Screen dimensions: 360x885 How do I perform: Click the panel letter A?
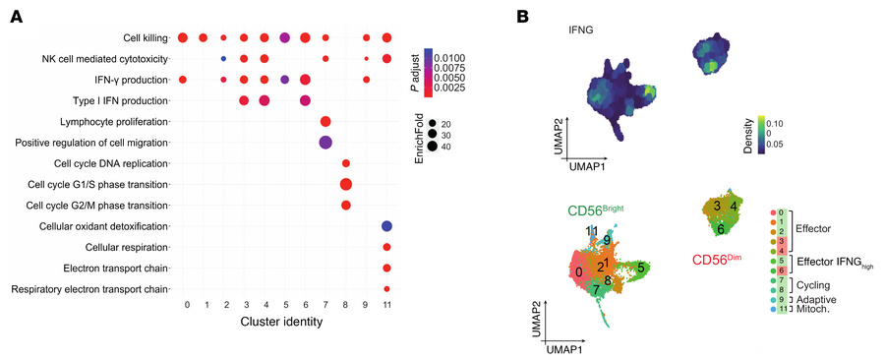[16, 17]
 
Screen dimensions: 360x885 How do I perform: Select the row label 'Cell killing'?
[145, 37]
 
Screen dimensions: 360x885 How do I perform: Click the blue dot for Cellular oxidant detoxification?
[386, 226]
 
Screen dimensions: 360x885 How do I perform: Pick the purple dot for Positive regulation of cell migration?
[325, 143]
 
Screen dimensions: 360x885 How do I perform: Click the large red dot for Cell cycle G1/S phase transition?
[346, 184]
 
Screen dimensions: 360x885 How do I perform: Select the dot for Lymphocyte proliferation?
[325, 121]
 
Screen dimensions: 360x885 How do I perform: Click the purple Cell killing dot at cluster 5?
[285, 37]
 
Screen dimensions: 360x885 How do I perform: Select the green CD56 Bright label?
[595, 210]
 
